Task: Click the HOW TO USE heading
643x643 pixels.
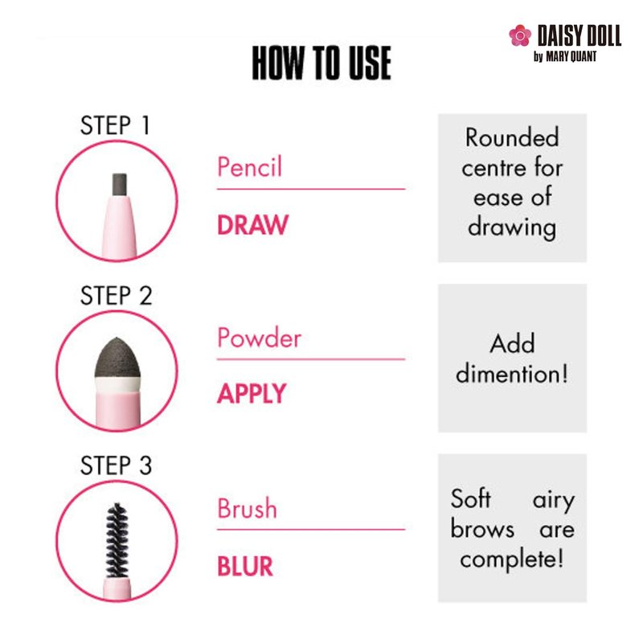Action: click(321, 63)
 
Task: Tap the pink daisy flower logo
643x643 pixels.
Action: click(520, 35)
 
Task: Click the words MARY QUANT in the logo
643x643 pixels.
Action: click(571, 56)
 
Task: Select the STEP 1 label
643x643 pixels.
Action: click(115, 125)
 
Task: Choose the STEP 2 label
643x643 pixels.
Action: click(116, 295)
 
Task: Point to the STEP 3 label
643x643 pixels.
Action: click(116, 465)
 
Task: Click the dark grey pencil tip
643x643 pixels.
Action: click(119, 186)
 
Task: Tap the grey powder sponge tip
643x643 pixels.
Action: click(117, 358)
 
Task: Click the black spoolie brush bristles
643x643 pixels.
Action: click(117, 540)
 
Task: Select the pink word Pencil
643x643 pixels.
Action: click(249, 166)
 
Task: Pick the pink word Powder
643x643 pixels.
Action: click(259, 338)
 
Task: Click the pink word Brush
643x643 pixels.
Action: click(247, 508)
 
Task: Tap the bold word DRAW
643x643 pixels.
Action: click(252, 225)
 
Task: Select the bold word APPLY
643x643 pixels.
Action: click(252, 394)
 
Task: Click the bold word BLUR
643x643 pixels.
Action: click(245, 566)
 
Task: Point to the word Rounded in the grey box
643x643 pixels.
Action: click(512, 137)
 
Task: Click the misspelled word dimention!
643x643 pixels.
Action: click(512, 373)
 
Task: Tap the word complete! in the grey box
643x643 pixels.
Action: click(512, 559)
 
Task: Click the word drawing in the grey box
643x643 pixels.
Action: click(512, 228)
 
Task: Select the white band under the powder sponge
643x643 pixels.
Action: click(117, 385)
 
